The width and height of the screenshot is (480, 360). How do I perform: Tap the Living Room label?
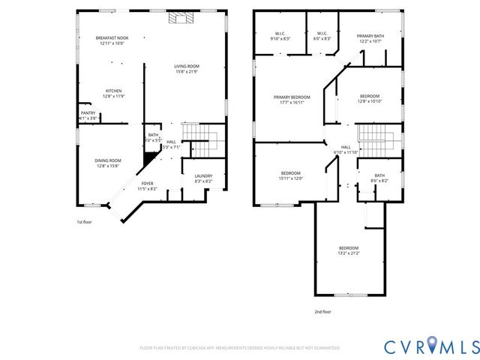tap(186, 69)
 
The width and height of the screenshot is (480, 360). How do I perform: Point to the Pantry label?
tap(88, 115)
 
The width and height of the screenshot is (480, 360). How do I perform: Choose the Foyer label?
tap(147, 186)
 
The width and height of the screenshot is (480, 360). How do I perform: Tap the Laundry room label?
tap(203, 178)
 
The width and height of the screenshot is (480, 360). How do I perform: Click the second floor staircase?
tap(372, 136)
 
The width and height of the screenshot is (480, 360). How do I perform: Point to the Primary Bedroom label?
tap(292, 100)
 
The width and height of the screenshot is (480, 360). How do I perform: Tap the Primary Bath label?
tap(370, 39)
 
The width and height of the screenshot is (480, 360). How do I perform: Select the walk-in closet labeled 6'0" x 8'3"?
tap(322, 36)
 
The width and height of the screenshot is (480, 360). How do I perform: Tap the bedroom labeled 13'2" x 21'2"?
tap(348, 251)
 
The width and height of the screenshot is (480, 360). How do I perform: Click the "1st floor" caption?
tap(85, 222)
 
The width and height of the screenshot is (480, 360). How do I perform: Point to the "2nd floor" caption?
tap(324, 312)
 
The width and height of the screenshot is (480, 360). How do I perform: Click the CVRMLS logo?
tap(430, 346)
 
